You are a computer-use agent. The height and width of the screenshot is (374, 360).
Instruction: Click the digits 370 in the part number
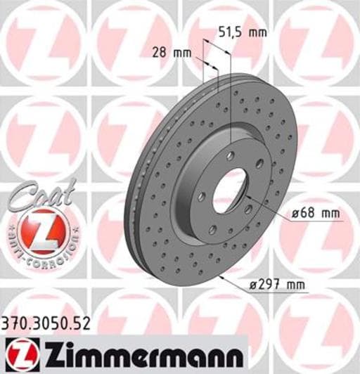[x=15, y=324]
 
